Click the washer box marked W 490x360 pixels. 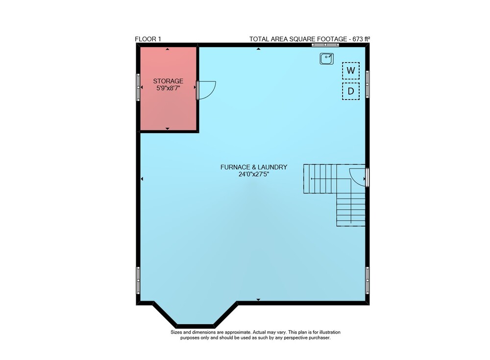point(351,71)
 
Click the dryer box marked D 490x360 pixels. point(351,91)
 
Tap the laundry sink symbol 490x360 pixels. point(326,58)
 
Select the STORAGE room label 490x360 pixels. point(168,81)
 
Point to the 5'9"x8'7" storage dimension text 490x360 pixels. point(168,88)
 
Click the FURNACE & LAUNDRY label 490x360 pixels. point(253,167)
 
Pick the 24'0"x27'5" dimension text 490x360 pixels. point(254,174)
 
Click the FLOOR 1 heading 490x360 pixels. point(148,39)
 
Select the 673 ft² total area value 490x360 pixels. point(361,39)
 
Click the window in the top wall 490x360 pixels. point(325,45)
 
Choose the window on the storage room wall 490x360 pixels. point(138,87)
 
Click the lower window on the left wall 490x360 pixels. point(138,280)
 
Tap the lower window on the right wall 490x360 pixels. point(367,280)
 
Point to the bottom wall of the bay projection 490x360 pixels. point(196,326)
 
